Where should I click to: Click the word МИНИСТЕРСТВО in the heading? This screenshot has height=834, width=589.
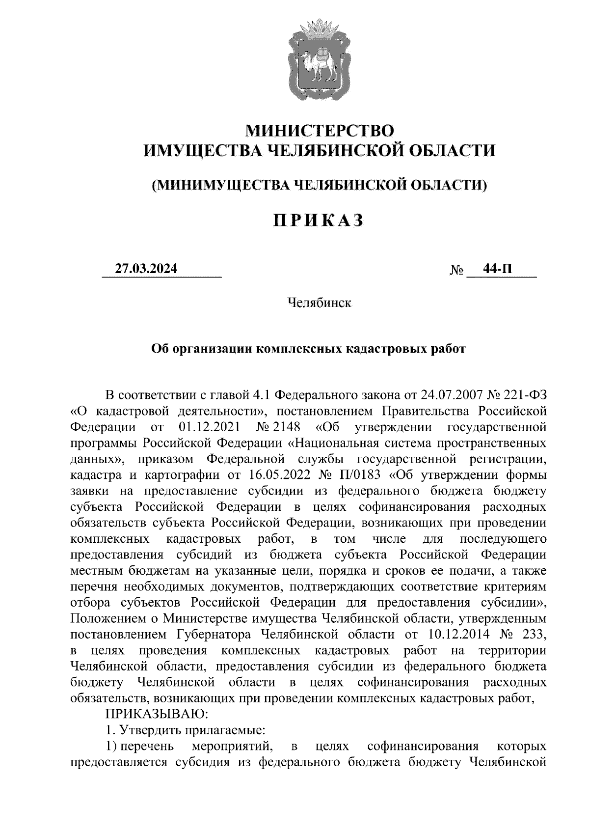point(320,131)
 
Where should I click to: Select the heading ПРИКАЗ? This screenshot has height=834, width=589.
point(319,221)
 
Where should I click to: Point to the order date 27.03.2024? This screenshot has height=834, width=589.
point(146,269)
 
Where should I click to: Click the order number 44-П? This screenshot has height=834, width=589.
point(499,269)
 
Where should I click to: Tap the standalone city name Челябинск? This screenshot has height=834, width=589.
point(319,303)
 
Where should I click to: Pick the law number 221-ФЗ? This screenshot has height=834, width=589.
point(526,395)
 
